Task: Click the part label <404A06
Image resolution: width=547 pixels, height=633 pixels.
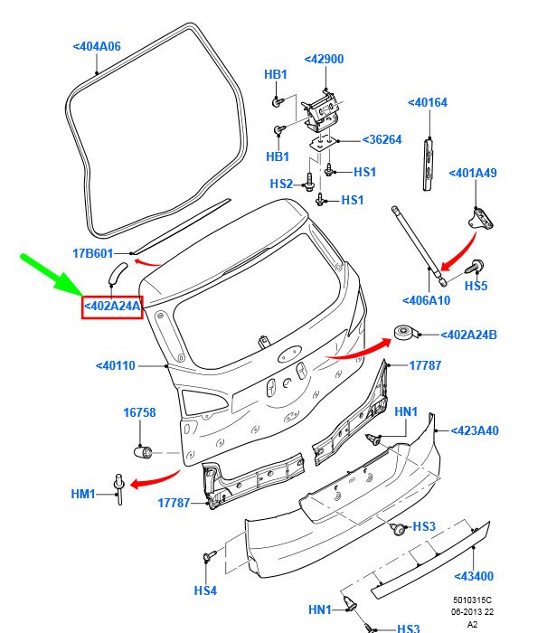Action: point(97,47)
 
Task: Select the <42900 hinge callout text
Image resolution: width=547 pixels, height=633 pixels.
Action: point(324,60)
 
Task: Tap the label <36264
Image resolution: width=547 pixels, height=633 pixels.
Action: point(382,140)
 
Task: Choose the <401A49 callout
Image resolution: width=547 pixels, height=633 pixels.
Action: point(474,173)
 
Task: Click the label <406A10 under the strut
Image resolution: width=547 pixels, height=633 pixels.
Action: point(426,300)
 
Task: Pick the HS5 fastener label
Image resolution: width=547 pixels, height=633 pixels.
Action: point(476,286)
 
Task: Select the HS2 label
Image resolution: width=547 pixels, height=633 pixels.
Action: point(281,184)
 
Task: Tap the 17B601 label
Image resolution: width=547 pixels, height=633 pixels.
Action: point(92,253)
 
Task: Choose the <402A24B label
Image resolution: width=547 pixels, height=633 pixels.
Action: point(468,335)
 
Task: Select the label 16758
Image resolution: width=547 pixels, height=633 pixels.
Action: point(139,413)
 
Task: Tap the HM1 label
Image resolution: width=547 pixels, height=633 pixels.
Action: point(82,494)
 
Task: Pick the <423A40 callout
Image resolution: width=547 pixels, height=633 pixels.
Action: point(474,430)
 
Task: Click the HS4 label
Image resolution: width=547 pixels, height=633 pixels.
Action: point(205,590)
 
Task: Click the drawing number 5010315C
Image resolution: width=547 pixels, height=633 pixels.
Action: point(472,600)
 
